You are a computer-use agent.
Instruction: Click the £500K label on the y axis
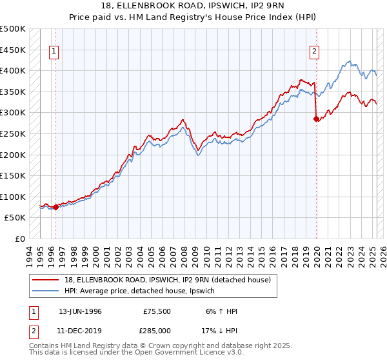point(13,29)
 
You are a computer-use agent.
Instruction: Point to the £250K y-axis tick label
point(13,133)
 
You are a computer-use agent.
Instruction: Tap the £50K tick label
point(15,218)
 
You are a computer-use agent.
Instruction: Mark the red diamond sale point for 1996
point(55,207)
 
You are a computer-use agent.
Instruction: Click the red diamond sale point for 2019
point(317,119)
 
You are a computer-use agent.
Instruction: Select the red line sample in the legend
point(46,279)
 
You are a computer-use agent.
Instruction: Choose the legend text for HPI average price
point(143,291)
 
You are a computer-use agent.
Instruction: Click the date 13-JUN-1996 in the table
point(81,311)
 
